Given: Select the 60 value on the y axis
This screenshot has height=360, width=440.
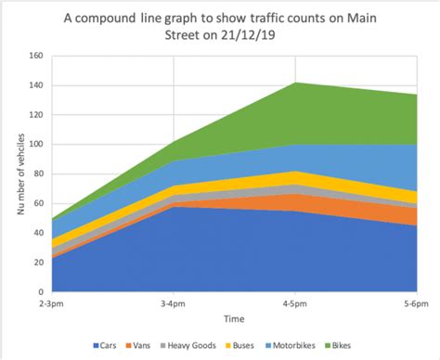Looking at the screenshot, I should click(36, 203).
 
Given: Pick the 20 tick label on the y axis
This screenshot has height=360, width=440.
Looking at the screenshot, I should click(36, 263).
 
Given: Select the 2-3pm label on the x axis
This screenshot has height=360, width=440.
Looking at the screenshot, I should click(53, 304).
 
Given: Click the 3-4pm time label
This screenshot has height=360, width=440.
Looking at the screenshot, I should click(174, 304).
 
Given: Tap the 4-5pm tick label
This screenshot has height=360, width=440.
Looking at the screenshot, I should click(294, 304).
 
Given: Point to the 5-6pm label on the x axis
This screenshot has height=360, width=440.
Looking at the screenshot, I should click(414, 304).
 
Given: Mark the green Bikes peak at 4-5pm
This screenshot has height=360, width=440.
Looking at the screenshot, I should click(294, 86).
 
